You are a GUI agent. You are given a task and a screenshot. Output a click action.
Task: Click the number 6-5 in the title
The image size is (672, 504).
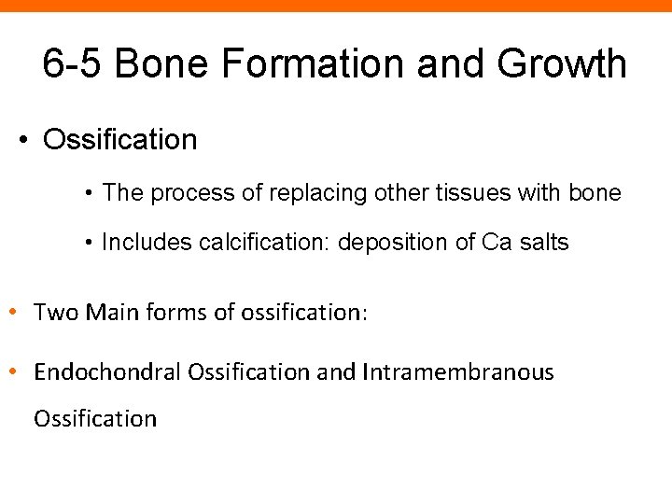[x=74, y=64]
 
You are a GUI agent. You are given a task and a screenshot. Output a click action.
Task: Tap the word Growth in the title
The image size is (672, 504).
[x=562, y=64]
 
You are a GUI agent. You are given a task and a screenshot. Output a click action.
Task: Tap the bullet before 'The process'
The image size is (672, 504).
[x=87, y=194]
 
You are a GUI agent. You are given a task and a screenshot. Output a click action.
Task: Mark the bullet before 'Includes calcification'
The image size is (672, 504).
[x=87, y=244]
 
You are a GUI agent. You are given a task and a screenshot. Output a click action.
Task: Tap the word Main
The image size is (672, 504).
[x=113, y=313]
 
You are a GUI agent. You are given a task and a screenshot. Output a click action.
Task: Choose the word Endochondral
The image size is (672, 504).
[x=107, y=372]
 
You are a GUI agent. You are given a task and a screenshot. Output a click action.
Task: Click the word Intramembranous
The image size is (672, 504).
[x=457, y=372]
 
